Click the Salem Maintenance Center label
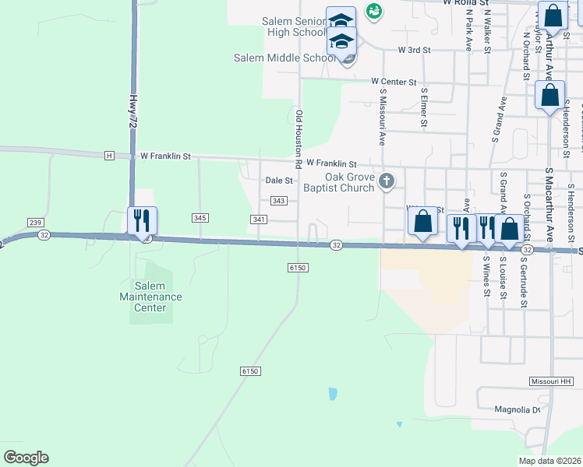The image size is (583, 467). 150,297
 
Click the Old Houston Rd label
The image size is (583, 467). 299,140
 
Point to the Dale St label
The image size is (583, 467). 279,180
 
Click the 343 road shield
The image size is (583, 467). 279,201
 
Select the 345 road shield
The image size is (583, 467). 200,218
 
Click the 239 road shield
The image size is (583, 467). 36,222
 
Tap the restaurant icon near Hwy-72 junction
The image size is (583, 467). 142,220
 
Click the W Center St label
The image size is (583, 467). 394,81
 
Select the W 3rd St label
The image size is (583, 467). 414,50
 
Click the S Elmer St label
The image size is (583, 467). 424,107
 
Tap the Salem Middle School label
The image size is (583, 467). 285,58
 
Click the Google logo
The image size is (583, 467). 26,458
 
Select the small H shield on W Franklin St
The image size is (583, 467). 109,156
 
